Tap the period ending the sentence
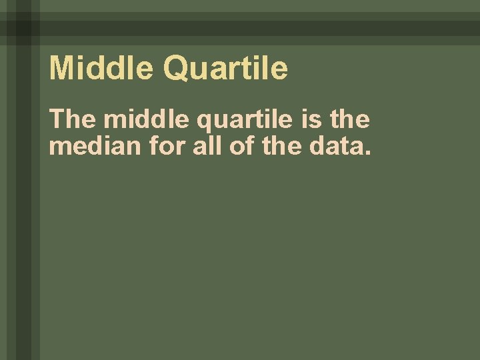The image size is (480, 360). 364,152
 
